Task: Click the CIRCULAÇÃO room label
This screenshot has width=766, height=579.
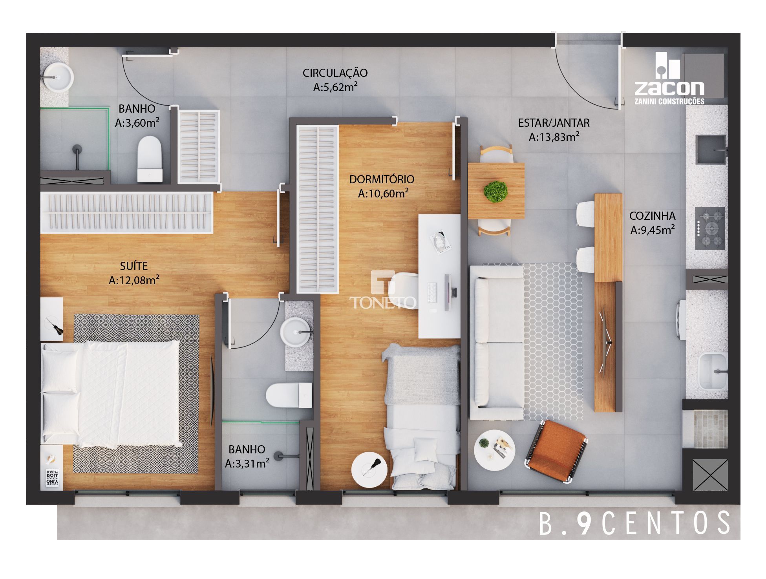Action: [x=335, y=73]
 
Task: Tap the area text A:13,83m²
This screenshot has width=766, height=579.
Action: [x=554, y=137]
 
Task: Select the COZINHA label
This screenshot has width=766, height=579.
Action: [x=652, y=216]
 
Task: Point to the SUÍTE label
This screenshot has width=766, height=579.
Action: [x=134, y=266]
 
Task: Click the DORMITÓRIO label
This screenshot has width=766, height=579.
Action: [x=382, y=179]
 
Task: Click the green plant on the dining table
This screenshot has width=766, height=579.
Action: [x=496, y=192]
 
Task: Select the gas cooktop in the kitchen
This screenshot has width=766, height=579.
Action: [x=710, y=228]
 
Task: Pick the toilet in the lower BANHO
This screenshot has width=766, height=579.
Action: [x=289, y=395]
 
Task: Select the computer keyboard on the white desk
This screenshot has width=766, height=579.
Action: [x=431, y=292]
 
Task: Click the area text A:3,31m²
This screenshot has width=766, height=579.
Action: [x=247, y=464]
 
